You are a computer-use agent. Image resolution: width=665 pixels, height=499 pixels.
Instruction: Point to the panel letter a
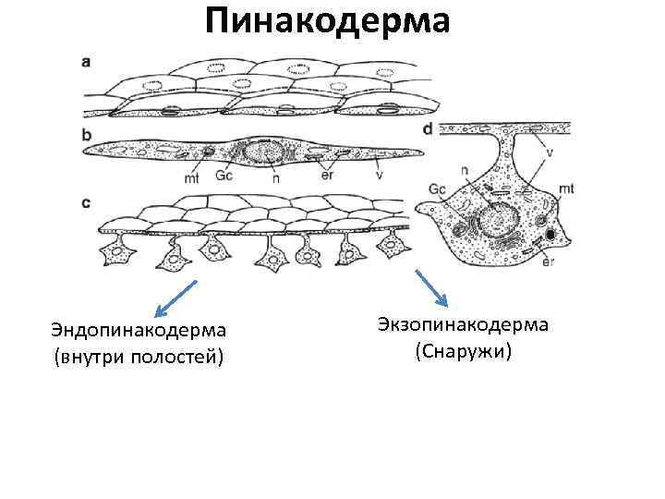click(87, 62)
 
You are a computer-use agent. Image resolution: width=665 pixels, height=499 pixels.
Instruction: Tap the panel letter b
click(87, 134)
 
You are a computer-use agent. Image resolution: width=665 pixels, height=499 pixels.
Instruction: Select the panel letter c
click(87, 201)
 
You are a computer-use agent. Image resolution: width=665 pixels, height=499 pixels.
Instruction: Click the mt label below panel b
click(191, 178)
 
